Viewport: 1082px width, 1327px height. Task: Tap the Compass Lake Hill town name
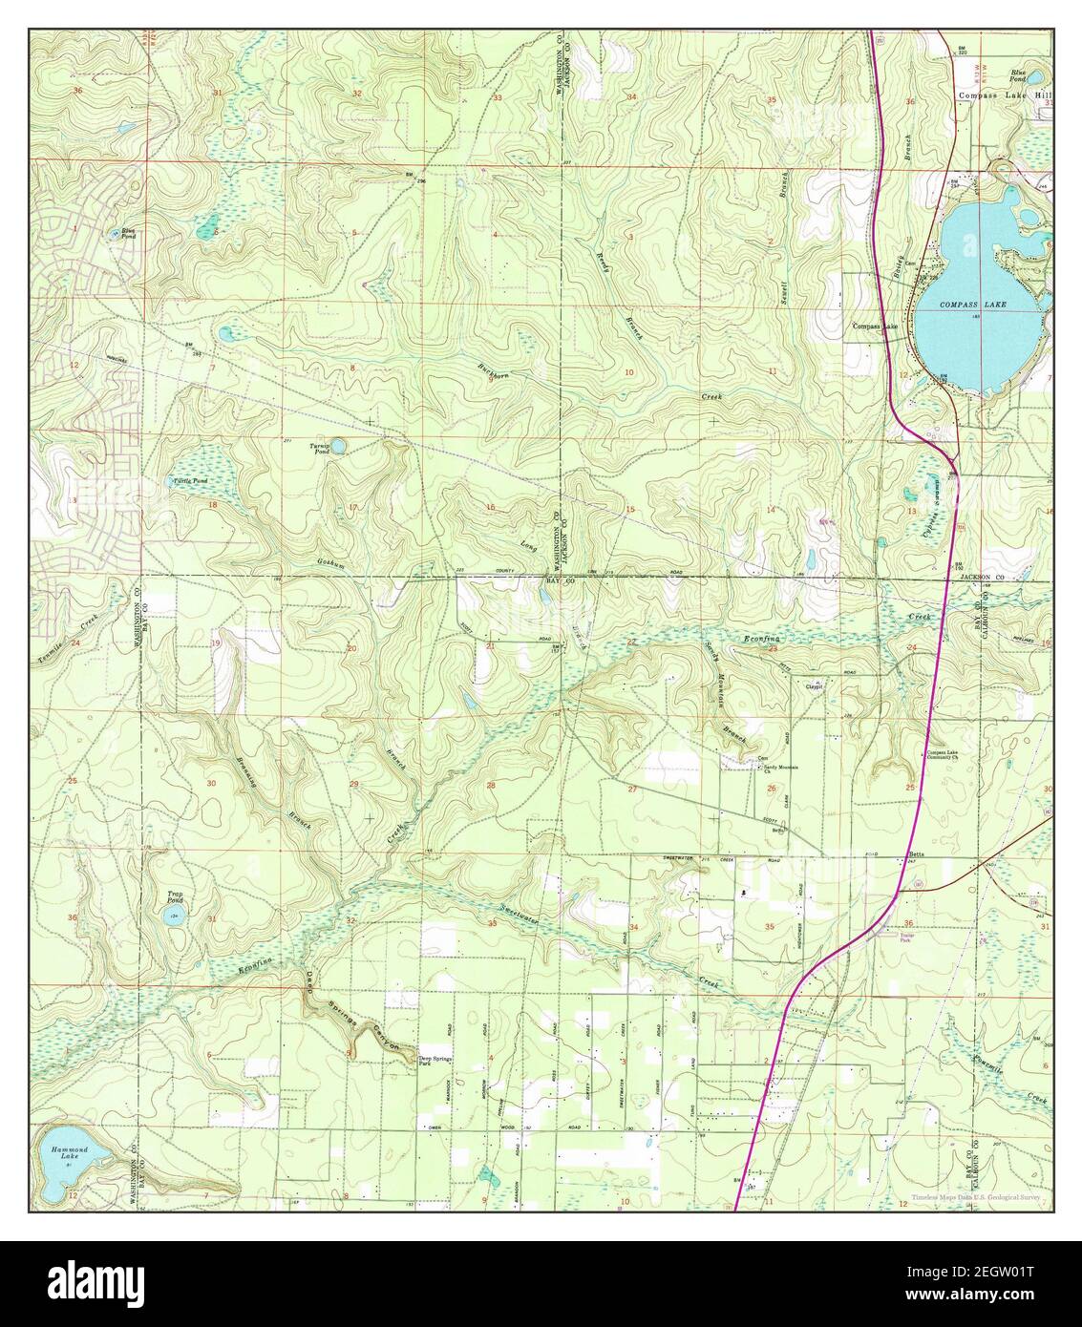pos(1004,96)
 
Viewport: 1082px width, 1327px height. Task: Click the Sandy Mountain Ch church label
pos(777,769)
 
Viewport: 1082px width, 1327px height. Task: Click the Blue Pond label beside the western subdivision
pos(127,234)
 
